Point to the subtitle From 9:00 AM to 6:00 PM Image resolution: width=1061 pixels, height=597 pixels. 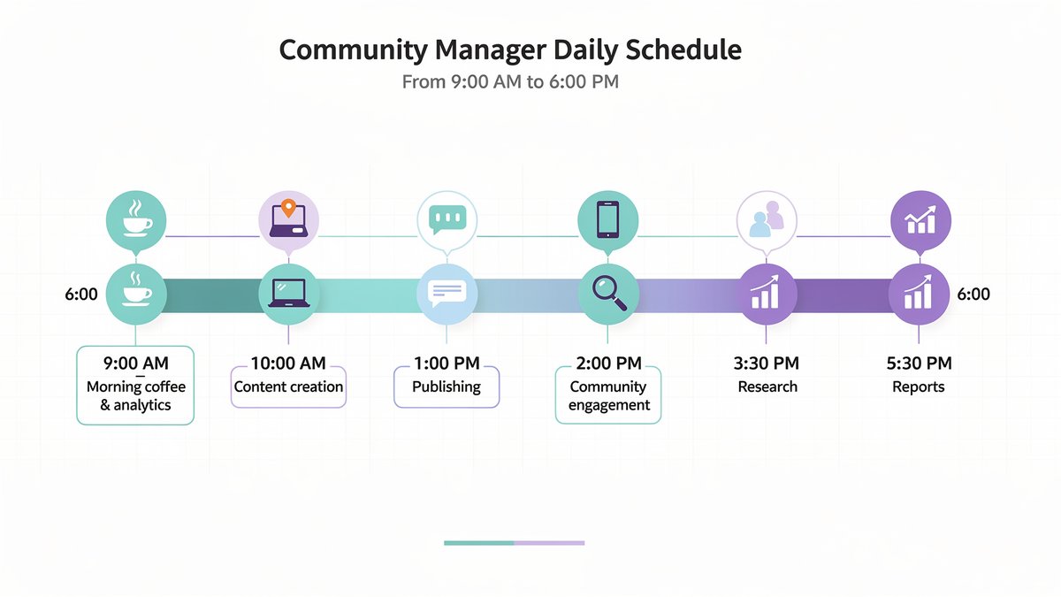coord(510,82)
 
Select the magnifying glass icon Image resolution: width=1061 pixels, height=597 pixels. coord(607,293)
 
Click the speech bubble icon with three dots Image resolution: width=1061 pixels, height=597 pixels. coord(447,219)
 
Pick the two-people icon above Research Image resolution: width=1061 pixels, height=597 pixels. coord(767,220)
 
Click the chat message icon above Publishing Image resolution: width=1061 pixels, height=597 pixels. coord(447,293)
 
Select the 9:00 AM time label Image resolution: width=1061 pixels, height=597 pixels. coord(135,363)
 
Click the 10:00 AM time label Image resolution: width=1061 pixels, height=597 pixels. coord(288,363)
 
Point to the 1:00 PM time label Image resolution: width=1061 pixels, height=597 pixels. coord(447,363)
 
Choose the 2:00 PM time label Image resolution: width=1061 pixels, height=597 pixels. coord(607,364)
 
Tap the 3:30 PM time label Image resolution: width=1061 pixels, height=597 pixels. coord(767,363)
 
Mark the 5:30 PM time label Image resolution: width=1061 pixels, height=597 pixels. coord(920,363)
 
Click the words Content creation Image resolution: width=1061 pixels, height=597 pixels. coord(288,387)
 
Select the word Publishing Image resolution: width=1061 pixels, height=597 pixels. coord(447,387)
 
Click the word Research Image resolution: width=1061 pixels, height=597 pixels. coord(767,387)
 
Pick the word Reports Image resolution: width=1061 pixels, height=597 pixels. coord(920,387)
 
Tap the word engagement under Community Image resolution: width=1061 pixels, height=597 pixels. coord(609,405)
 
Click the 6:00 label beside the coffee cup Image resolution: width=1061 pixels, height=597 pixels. coord(81,294)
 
